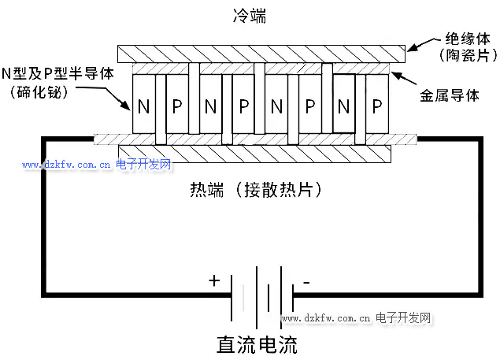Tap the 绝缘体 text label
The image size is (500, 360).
click(x=468, y=38)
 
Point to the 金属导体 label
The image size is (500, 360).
click(x=450, y=95)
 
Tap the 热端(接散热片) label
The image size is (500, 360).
click(x=256, y=190)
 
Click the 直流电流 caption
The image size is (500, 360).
click(x=257, y=344)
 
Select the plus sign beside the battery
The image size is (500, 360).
click(x=214, y=280)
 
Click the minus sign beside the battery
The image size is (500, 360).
click(x=306, y=280)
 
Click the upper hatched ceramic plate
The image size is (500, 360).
click(x=261, y=54)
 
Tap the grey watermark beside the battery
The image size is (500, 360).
click(x=358, y=318)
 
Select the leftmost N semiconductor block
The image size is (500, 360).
click(x=144, y=106)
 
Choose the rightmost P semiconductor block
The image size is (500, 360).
click(x=376, y=106)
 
